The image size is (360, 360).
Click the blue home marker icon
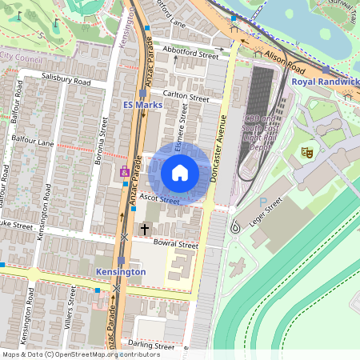[x=180, y=172]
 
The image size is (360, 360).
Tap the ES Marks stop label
[x=143, y=105]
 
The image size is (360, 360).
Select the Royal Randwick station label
[x=325, y=82]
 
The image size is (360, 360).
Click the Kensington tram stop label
[x=120, y=272]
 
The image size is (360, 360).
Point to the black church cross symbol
[x=145, y=229]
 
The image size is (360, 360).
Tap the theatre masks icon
[x=306, y=150]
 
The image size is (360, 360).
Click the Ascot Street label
[x=158, y=198]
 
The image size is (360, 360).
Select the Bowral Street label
[x=176, y=244]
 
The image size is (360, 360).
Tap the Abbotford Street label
[x=190, y=56]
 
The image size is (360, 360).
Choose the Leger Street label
[x=264, y=214]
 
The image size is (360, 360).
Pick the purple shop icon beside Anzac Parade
[x=124, y=171]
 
